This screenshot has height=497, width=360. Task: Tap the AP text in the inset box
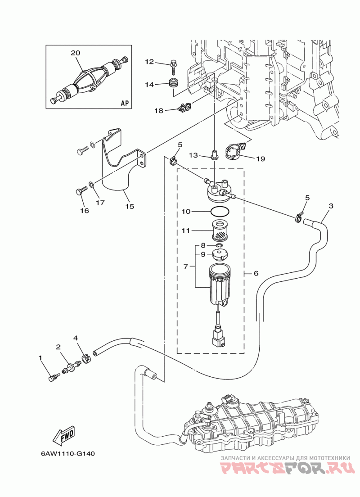[x=125, y=103]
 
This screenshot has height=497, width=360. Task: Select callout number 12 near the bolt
[x=149, y=62]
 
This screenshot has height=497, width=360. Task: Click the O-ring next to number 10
[x=219, y=211]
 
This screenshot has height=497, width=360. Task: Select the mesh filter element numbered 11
[x=220, y=231]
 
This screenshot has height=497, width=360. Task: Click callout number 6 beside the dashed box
[x=256, y=273]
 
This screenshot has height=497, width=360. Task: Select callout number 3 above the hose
[x=331, y=206]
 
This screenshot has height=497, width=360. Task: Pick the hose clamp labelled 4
[x=86, y=359]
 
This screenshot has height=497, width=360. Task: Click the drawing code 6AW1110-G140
[x=67, y=453]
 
